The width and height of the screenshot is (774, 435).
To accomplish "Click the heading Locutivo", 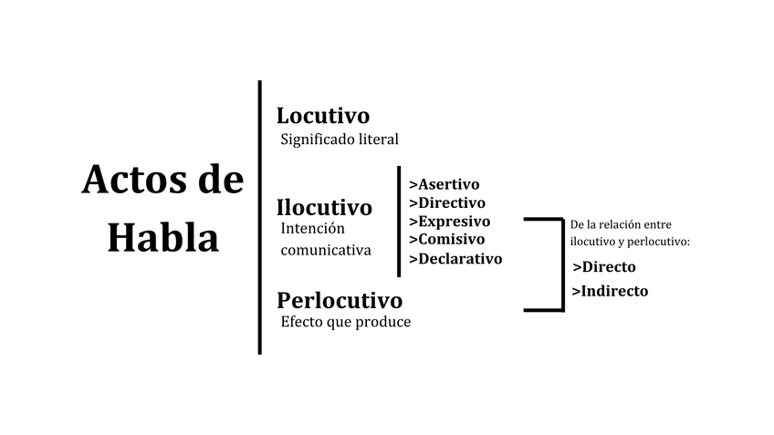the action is pos(323,116).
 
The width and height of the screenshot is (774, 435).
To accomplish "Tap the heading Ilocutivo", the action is pos(324,208).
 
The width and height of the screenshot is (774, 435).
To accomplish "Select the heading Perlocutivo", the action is pos(340,300).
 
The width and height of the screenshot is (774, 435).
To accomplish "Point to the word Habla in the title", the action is pos(162,238).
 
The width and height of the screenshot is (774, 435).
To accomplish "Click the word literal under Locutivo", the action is pos(378,140).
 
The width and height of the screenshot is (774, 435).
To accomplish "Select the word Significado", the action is pos(318,140).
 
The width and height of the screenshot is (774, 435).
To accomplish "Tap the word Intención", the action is pos(314,228).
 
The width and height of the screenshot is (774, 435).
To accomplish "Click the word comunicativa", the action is pos(327,249).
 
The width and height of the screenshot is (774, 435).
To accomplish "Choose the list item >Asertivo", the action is pos(444,184).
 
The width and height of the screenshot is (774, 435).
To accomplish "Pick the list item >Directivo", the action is pos(447,202).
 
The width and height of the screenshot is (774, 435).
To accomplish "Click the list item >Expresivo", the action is pos(449,221).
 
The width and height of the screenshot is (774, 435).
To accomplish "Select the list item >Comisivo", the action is pos(446,239).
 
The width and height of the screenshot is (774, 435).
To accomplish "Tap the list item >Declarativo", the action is pos(455,258).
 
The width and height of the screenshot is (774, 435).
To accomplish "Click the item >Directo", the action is pos(603,267).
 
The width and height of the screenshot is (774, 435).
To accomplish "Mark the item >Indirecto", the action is pos(610,291).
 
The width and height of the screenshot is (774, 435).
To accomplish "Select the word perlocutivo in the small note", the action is pos(657,242).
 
